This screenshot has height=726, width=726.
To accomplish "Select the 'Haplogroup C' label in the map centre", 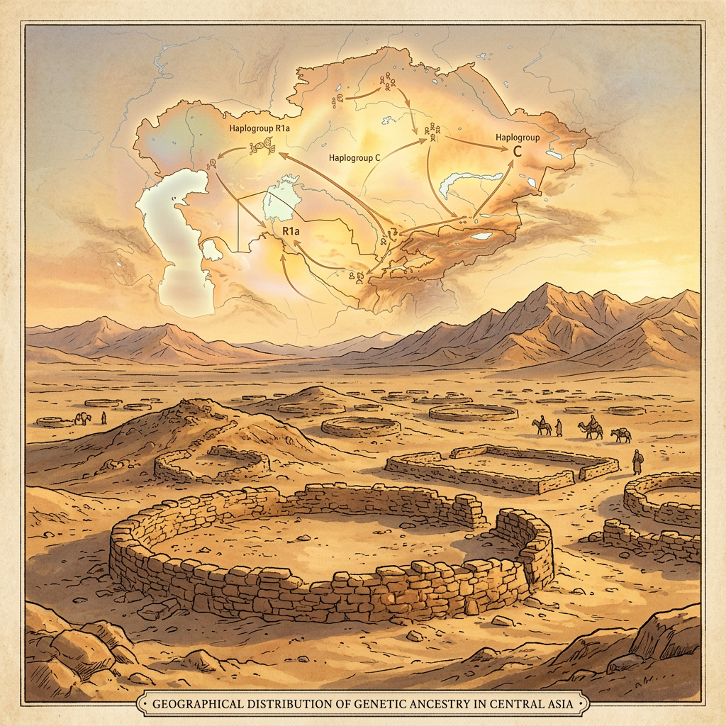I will (x=355, y=157).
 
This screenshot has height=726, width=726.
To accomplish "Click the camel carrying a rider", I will (x=590, y=428).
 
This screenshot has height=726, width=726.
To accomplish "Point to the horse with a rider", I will (x=542, y=425).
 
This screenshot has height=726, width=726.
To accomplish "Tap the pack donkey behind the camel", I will (x=621, y=435).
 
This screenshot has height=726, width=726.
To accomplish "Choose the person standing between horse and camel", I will (x=559, y=428).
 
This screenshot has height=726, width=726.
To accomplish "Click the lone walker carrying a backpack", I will (x=637, y=462).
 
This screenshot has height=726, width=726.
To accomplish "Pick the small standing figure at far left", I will (x=104, y=418).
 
